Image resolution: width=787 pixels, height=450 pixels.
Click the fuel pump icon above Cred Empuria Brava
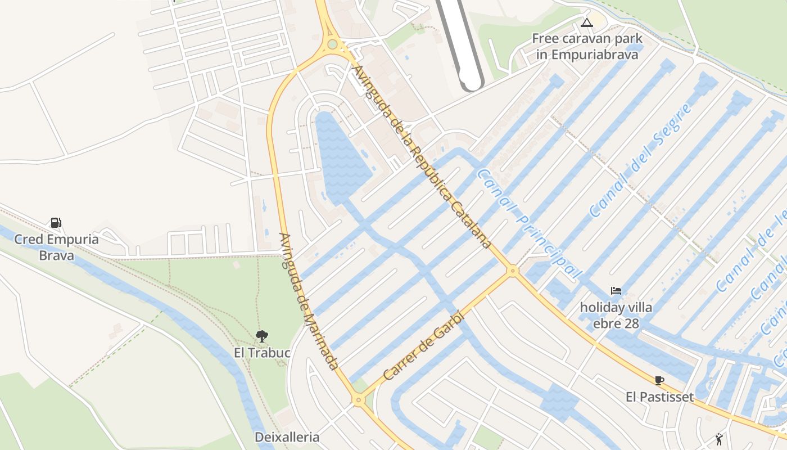point(56,222)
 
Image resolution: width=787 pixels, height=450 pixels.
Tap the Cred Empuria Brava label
point(56,247)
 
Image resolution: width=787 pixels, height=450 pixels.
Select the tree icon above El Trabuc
point(261,336)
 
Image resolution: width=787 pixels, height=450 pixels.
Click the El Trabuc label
point(262,353)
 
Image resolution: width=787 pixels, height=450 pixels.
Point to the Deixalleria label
point(287,437)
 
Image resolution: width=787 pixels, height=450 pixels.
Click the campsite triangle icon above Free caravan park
point(587,23)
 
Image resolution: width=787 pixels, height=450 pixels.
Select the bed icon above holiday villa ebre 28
point(616,291)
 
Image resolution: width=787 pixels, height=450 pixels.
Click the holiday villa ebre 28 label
point(616,316)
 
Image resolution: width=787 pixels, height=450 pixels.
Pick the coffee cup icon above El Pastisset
point(659,380)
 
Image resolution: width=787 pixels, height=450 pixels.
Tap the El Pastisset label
point(659,397)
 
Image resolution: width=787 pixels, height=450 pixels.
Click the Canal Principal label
point(528,224)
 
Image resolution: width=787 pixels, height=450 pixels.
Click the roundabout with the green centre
point(332,44)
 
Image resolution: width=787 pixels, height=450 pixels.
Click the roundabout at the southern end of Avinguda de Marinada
point(358,400)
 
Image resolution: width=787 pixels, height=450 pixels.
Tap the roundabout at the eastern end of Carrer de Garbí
point(512,271)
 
